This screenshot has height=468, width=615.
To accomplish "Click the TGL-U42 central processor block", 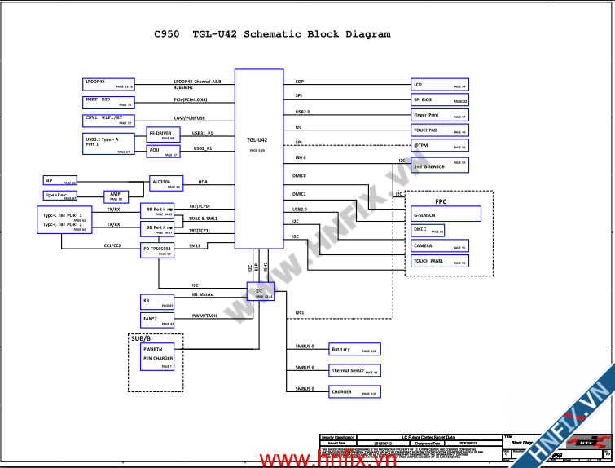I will [258, 159].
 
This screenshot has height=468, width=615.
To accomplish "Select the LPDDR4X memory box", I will [108, 83].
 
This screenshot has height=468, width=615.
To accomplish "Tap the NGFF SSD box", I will [108, 102].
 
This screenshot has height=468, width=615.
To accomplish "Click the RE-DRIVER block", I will [164, 135].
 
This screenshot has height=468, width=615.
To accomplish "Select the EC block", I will [260, 293].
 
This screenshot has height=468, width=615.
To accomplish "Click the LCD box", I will [439, 84].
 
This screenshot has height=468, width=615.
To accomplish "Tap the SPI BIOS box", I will [439, 100].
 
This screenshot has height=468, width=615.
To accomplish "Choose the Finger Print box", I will [439, 116].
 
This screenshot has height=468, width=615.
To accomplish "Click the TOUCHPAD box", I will [439, 130].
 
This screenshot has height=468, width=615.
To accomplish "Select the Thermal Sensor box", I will [354, 370].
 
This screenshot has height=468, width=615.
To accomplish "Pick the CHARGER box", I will [354, 392].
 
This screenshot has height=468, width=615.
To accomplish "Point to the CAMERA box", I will [439, 245].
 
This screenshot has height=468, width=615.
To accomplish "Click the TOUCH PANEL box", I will [439, 261].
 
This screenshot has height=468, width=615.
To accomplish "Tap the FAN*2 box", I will [158, 320].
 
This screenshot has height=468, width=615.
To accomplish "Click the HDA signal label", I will [203, 182].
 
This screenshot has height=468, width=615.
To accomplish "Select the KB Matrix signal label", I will [202, 294].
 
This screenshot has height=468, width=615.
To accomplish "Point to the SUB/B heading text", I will [143, 338].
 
